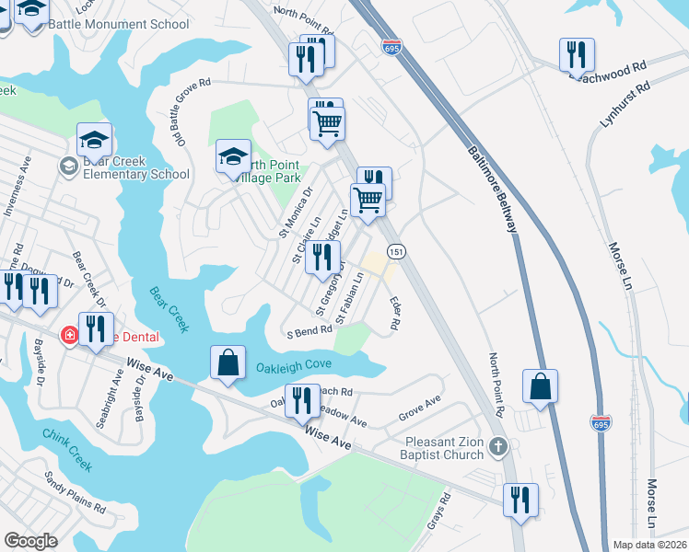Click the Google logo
click(30, 541)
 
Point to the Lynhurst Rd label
click(625, 104)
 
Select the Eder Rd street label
click(394, 313)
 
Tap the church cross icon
click(497, 447)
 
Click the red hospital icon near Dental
click(69, 336)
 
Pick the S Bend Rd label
click(309, 331)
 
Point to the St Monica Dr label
click(296, 213)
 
